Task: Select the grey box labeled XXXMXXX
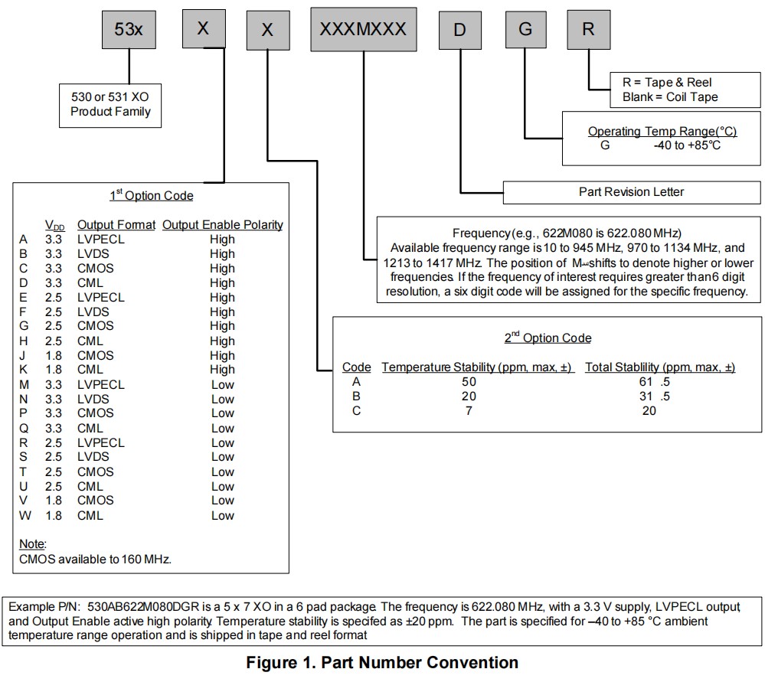[x=363, y=30]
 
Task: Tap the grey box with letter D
[x=459, y=30]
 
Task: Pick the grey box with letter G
[x=525, y=30]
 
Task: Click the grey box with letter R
[x=588, y=30]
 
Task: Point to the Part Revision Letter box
[x=632, y=192]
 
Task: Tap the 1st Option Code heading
[x=151, y=195]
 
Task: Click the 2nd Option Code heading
[x=548, y=338]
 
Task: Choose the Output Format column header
[x=116, y=225]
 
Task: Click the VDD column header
[x=54, y=226]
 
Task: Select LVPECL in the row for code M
[x=100, y=384]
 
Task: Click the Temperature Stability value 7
[x=469, y=411]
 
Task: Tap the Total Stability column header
[x=659, y=367]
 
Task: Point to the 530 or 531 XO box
[x=110, y=104]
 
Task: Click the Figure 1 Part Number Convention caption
[x=382, y=662]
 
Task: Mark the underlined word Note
[x=32, y=544]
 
